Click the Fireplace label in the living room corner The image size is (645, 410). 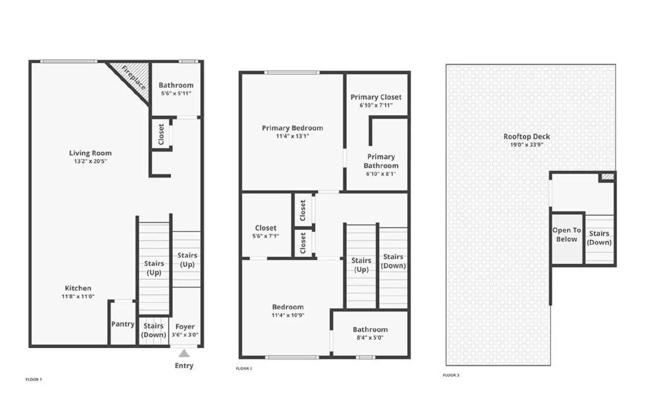point(133,77)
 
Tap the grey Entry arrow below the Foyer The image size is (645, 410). point(184,354)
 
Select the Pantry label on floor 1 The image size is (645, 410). point(123,324)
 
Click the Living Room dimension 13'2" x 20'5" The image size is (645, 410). point(90,161)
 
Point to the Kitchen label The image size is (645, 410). point(78,288)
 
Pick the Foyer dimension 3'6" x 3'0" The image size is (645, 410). point(185,335)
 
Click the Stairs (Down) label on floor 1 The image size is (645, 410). point(154,330)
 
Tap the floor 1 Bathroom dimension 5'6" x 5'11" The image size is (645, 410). point(176,94)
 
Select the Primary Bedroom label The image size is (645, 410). point(292,128)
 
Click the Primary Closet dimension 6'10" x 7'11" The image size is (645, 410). point(376,105)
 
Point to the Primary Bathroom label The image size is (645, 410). point(381,161)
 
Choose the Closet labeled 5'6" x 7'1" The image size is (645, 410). point(266,228)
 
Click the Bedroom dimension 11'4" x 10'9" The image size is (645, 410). point(288,315)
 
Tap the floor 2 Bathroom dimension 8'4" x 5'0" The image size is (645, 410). point(370,338)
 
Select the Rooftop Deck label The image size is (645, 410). point(526,137)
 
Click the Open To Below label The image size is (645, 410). point(566,235)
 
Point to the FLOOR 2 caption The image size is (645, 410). point(244,368)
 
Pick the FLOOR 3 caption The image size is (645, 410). point(451,375)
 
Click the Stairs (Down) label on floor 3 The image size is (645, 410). point(599,238)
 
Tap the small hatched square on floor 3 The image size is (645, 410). point(607,177)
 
